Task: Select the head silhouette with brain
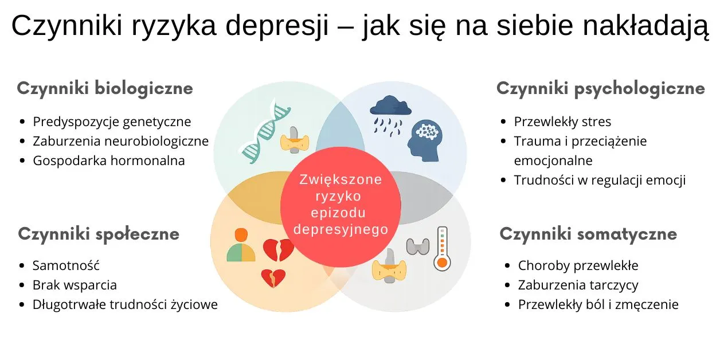425,140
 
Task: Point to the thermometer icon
441,248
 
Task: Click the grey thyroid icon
417,245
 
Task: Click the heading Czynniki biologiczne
105,88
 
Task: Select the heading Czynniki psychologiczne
600,88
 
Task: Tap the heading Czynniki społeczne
99,233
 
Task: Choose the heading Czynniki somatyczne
588,233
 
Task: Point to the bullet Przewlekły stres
562,122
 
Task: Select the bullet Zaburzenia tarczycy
578,285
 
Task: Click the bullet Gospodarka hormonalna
109,161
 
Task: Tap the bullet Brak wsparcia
75,285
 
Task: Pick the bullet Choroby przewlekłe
578,265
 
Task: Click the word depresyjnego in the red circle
341,229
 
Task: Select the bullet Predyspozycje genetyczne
112,122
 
